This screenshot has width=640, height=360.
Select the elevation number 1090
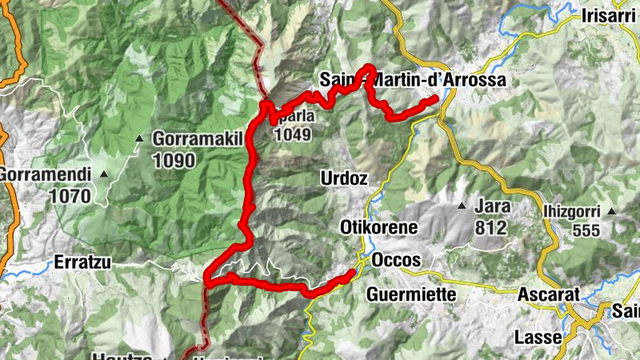pos(174,160)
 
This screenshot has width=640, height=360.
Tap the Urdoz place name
pos(343,178)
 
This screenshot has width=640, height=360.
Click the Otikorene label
pos(379,227)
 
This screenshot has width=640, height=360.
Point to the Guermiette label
pos(411,294)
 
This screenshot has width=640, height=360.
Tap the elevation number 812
pos(490,228)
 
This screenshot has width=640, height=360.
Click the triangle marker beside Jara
pos(462,206)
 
